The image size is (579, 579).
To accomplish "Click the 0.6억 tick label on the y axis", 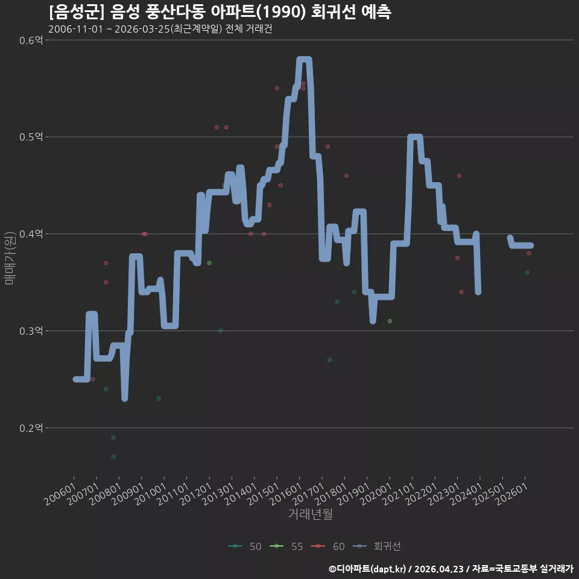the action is [x=31, y=40].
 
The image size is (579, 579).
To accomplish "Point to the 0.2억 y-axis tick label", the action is [x=31, y=428].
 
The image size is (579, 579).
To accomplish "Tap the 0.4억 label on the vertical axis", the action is [x=31, y=234].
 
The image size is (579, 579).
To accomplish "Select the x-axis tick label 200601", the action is [x=60, y=494].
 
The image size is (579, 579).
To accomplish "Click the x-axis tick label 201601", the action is [x=286, y=494].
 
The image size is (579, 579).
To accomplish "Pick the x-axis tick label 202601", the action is [x=511, y=494].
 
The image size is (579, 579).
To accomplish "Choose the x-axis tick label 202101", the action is [x=399, y=494].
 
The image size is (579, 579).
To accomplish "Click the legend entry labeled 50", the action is [x=245, y=546].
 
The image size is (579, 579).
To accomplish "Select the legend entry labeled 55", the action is [x=286, y=546].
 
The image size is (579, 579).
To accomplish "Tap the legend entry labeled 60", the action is [x=328, y=546].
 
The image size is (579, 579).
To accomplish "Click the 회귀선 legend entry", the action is [x=376, y=546].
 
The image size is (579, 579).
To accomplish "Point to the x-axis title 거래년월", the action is [x=310, y=514].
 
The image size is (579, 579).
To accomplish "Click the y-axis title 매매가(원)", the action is [x=9, y=258].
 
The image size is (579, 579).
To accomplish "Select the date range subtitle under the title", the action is [x=160, y=29].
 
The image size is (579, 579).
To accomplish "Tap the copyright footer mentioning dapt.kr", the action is [x=451, y=569].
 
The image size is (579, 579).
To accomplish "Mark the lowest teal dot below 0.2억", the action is [x=113, y=457].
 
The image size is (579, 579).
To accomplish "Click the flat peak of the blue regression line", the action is [x=304, y=60].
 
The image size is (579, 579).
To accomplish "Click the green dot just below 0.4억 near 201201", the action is [x=209, y=263].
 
